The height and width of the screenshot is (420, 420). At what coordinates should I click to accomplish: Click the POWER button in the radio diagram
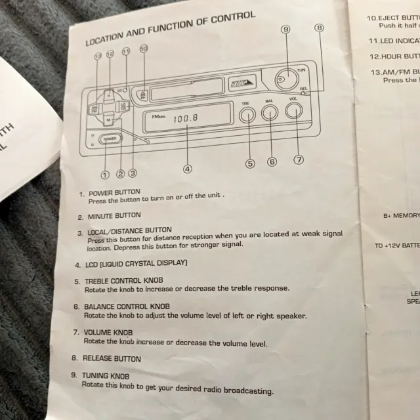110,139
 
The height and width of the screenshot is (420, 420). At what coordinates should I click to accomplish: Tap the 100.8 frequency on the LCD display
186,119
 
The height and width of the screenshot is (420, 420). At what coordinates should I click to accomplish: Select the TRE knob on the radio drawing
247,115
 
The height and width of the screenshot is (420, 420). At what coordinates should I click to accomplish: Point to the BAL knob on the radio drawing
270,113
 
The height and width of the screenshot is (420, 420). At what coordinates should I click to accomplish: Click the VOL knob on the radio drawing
293,110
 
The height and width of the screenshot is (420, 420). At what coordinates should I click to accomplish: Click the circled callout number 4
188,169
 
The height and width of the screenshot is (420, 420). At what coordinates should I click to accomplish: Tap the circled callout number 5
250,164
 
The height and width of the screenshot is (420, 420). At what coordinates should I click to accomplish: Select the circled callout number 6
272,161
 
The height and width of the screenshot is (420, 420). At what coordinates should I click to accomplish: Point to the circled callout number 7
299,159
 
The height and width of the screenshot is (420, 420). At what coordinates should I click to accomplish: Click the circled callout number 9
285,30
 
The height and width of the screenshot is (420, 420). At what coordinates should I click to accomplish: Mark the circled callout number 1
104,174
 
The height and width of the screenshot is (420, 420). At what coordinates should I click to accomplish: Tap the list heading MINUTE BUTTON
114,216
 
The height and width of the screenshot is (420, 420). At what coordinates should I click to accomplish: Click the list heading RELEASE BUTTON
112,359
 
